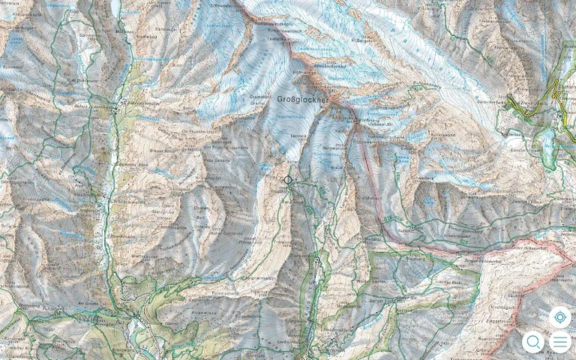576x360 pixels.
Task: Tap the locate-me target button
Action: pyautogui.click(x=559, y=316)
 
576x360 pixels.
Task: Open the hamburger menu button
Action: pyautogui.click(x=559, y=342)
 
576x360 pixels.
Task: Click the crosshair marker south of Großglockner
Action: pyautogui.click(x=289, y=180)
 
